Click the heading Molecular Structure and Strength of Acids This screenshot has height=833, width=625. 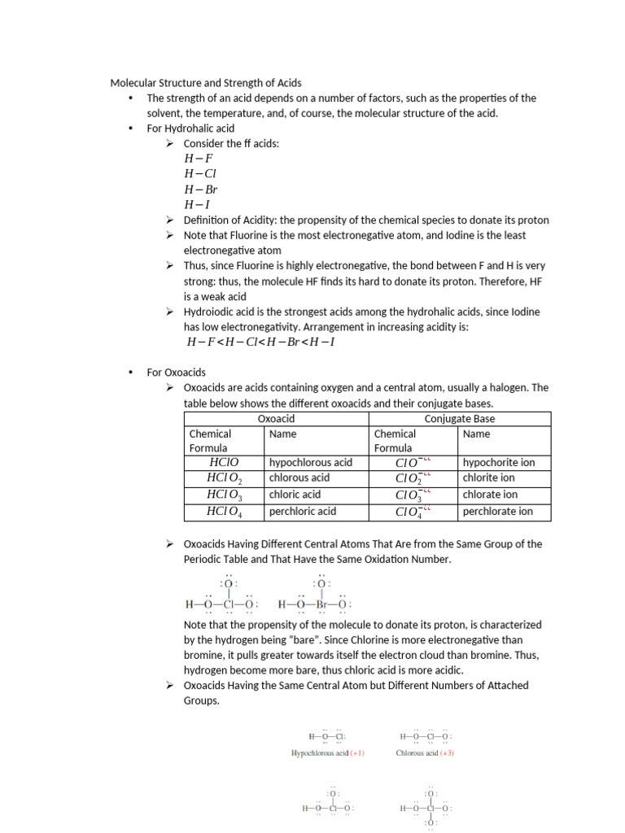206,83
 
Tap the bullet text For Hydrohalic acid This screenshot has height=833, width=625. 190,129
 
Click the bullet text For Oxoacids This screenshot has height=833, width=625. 177,373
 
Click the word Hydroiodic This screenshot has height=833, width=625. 209,312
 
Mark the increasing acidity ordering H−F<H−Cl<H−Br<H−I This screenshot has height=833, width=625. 260,342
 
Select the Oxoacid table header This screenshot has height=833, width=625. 276,419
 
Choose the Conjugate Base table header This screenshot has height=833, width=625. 460,419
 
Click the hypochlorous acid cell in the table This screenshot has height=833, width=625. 311,462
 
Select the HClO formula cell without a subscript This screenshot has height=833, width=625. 223,462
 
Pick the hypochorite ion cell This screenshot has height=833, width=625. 499,462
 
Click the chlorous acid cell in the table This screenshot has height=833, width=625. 299,478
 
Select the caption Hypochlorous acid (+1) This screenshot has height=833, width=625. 328,753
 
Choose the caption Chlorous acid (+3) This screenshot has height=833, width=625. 425,753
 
